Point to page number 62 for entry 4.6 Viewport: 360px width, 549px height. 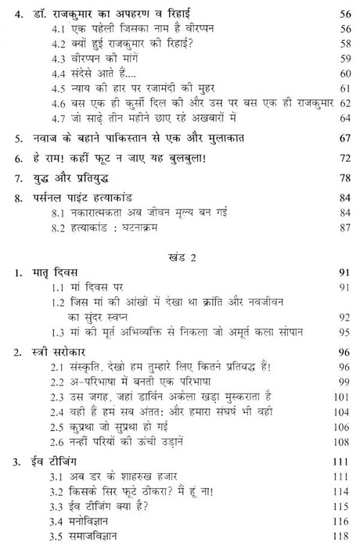(x=343, y=101)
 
